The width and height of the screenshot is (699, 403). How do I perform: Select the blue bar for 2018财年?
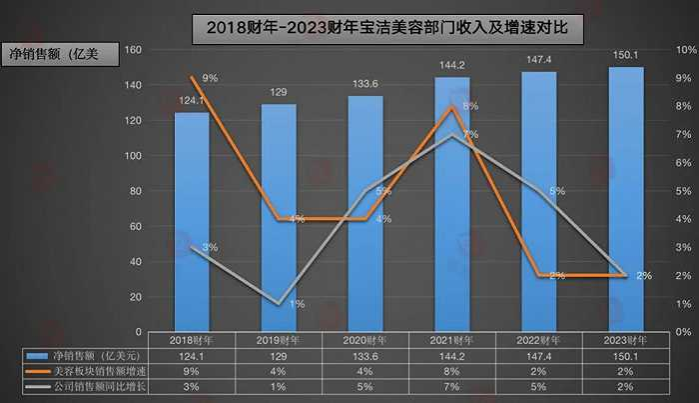point(192,220)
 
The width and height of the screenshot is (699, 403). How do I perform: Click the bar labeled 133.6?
point(365,212)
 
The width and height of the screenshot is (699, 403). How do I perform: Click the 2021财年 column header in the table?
point(452,340)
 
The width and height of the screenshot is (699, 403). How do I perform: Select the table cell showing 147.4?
point(539,356)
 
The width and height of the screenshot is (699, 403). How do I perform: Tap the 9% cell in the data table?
point(192,372)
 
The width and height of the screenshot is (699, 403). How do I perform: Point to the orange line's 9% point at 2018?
point(192,77)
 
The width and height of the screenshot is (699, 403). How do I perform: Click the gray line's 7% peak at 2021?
point(452,134)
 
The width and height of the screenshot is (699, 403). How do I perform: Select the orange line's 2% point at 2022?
point(539,275)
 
